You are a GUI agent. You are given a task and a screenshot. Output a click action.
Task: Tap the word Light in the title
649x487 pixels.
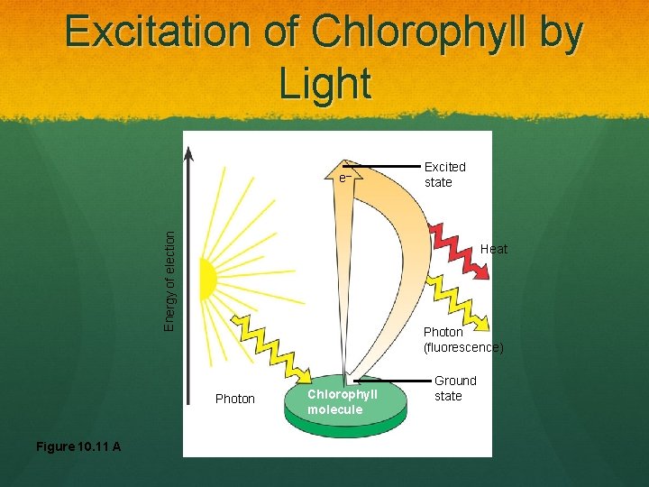click(x=324, y=84)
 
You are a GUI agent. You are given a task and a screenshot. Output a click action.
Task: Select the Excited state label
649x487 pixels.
click(x=444, y=174)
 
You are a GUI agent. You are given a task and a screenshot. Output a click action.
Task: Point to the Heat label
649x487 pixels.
click(x=493, y=249)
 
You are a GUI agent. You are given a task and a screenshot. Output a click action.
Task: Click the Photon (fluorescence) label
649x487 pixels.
click(x=462, y=339)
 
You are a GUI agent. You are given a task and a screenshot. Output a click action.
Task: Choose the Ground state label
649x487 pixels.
click(x=454, y=388)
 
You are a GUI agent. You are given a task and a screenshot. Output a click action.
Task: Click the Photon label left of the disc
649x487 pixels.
click(x=235, y=399)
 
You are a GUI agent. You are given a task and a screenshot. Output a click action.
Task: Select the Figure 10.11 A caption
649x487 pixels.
click(x=78, y=446)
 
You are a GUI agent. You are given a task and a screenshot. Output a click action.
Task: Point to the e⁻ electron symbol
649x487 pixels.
click(x=343, y=179)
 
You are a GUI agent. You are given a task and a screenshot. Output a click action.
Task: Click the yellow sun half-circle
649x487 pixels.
click(x=207, y=279)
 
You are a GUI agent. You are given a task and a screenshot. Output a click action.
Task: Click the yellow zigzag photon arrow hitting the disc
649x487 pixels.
click(x=271, y=347)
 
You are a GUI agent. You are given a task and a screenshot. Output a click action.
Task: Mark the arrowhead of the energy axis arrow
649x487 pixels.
click(x=188, y=155)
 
